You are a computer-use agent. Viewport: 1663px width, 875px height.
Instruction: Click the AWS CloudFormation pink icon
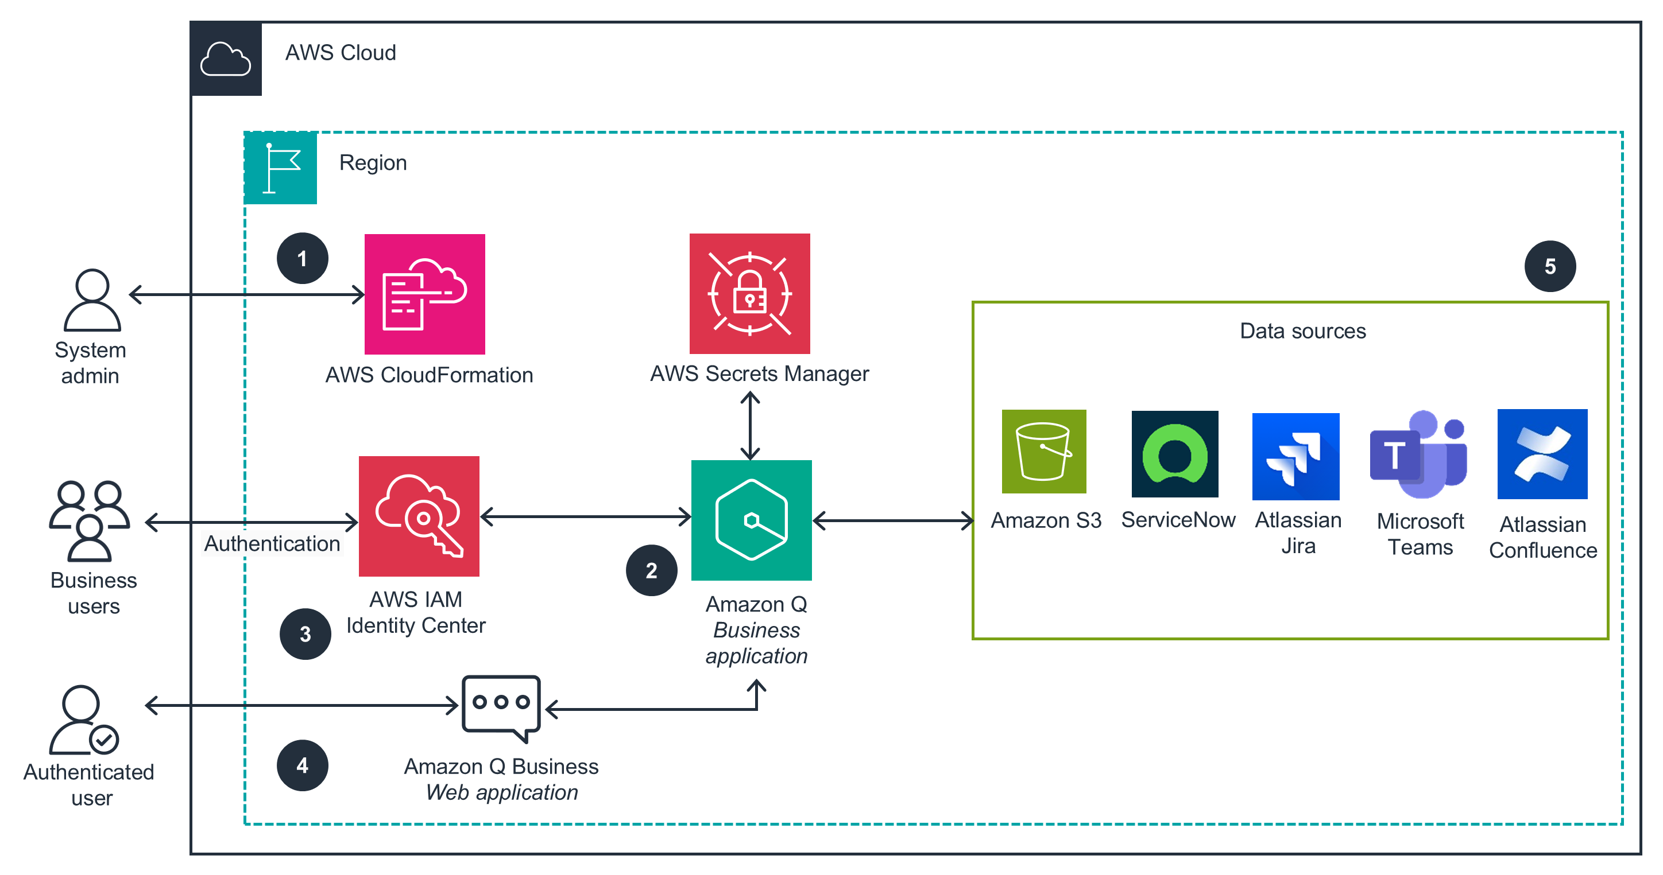coord(425,294)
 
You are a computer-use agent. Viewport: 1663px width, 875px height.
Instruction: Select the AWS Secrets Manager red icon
coord(749,294)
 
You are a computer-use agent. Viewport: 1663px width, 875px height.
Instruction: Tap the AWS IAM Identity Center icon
coord(419,516)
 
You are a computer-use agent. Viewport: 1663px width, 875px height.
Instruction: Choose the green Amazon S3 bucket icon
coord(1044,451)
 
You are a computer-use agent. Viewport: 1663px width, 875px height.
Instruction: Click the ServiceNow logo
coord(1175,454)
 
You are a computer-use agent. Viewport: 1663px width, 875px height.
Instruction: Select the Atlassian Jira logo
coord(1295,456)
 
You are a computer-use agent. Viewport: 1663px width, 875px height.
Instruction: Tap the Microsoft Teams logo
coord(1419,454)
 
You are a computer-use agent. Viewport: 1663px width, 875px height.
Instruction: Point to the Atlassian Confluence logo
coord(1542,454)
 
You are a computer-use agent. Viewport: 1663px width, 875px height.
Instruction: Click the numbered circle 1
coord(302,258)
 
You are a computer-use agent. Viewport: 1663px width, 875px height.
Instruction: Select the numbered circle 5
coord(1550,266)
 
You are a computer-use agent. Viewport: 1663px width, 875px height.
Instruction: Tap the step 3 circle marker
coord(305,633)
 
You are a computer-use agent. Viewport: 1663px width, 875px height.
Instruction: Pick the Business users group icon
coord(90,520)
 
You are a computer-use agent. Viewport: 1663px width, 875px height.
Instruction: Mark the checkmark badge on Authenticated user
coord(104,740)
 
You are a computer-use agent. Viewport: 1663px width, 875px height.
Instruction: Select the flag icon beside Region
coord(280,168)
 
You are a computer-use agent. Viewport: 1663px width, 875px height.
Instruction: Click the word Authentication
coord(272,543)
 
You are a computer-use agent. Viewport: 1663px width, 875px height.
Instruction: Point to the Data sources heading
coord(1303,331)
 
